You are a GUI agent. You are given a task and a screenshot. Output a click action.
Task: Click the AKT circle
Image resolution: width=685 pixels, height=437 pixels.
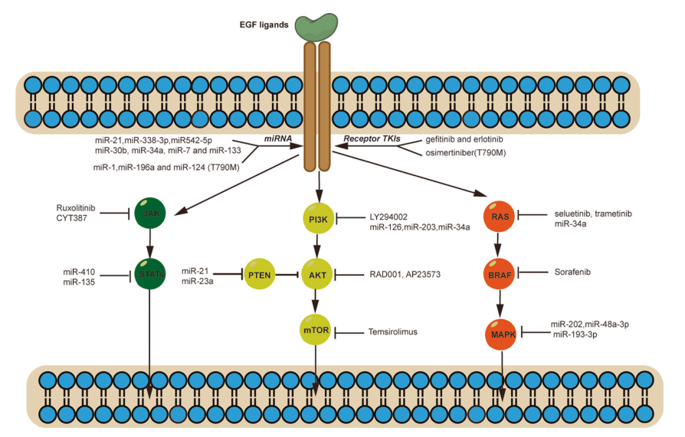coord(316,274)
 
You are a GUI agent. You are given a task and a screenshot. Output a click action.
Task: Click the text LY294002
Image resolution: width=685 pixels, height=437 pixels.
coord(390,217)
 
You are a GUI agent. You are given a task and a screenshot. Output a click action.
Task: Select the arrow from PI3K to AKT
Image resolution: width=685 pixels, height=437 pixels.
coord(316,247)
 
